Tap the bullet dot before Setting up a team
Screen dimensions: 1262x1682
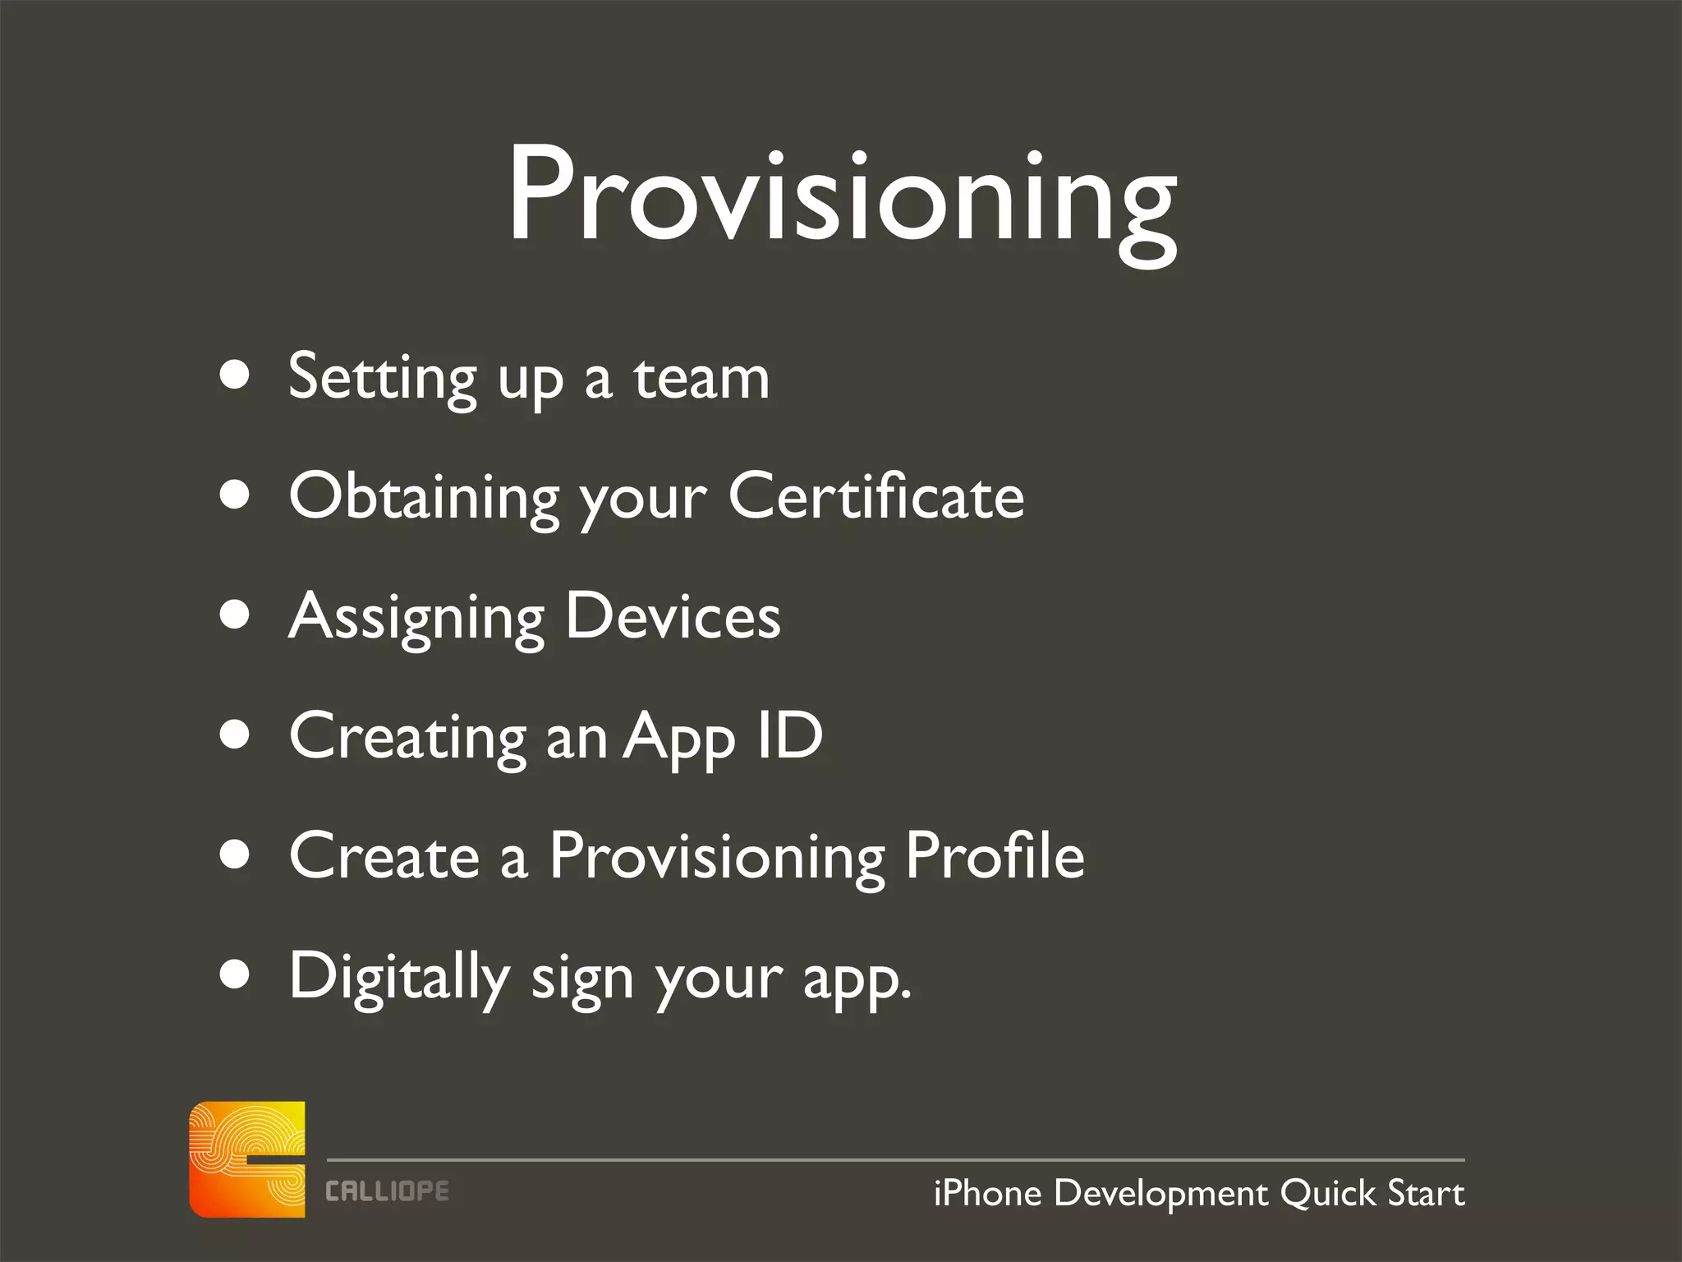[235, 375]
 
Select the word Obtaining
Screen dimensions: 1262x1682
[424, 498]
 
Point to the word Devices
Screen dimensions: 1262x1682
[673, 616]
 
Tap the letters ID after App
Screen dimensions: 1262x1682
[789, 735]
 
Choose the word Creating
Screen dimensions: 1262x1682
[407, 737]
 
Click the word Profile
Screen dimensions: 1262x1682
[995, 855]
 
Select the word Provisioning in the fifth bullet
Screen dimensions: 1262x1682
[718, 857]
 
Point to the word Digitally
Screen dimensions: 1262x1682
[399, 977]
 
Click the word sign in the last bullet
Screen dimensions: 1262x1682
[581, 979]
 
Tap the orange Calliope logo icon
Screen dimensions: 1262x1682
[247, 1158]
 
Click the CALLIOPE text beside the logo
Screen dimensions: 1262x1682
[387, 1191]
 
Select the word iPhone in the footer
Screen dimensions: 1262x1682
[988, 1193]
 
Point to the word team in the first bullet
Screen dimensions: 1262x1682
[701, 379]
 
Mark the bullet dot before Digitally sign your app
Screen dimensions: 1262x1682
[235, 974]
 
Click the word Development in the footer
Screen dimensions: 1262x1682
[1160, 1194]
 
